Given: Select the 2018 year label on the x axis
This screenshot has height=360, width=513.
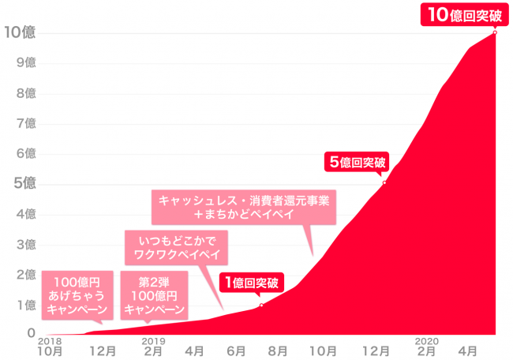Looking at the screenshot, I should click(49, 340).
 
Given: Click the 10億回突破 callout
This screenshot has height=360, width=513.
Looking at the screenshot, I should click(459, 14).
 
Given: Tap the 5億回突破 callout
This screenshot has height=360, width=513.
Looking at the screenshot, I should click(358, 163).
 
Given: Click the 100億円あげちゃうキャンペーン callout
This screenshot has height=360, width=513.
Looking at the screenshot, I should click(76, 295).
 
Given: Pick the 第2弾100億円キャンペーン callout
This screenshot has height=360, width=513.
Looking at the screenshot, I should click(154, 295).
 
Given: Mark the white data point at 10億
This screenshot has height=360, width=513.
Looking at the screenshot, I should click(495, 32).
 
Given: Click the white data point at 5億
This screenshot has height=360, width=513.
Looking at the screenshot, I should click(384, 183).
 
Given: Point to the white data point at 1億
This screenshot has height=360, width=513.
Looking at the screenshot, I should click(261, 305).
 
